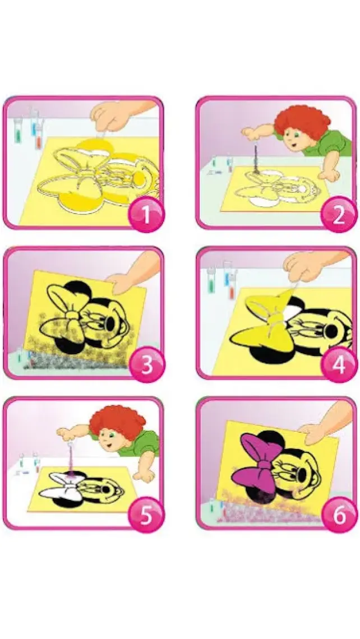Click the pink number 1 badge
coord(146,214)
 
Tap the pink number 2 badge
coord(338,214)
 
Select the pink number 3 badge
coord(146,364)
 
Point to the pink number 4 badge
coord(338,364)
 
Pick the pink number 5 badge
coord(146,515)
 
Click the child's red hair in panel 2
coord(302,121)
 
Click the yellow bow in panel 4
coord(265,321)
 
